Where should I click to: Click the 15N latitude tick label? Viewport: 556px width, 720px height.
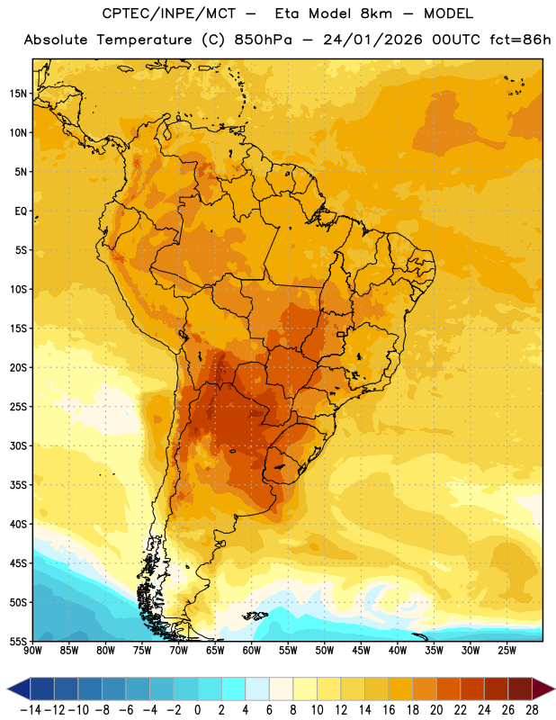click(18, 94)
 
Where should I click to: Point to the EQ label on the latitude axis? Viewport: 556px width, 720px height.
click(21, 211)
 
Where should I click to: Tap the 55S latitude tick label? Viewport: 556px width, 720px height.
click(18, 642)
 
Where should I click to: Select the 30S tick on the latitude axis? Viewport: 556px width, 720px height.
click(18, 445)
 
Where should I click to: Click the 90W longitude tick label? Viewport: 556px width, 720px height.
click(32, 651)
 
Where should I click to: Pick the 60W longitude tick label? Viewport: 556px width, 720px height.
click(252, 651)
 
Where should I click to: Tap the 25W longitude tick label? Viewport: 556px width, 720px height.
click(507, 651)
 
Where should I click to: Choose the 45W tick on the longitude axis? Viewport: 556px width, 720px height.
click(361, 651)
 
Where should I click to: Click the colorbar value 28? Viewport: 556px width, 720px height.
click(532, 710)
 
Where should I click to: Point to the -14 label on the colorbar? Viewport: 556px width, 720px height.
click(31, 710)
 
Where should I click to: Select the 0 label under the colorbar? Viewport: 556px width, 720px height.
click(197, 710)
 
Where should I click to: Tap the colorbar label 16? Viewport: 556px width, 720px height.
click(389, 710)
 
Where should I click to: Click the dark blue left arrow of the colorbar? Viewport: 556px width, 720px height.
click(19, 688)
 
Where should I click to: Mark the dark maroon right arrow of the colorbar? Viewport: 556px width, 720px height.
click(543, 688)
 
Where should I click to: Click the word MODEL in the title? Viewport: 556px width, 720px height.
click(449, 13)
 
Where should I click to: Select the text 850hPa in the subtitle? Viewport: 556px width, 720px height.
click(263, 40)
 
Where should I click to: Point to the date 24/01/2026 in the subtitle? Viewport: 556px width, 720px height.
click(372, 40)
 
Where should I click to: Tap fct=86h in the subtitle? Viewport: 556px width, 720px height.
click(520, 40)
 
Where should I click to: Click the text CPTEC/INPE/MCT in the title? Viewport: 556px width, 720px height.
click(169, 13)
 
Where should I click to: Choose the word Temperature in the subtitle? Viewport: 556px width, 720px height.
click(145, 40)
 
